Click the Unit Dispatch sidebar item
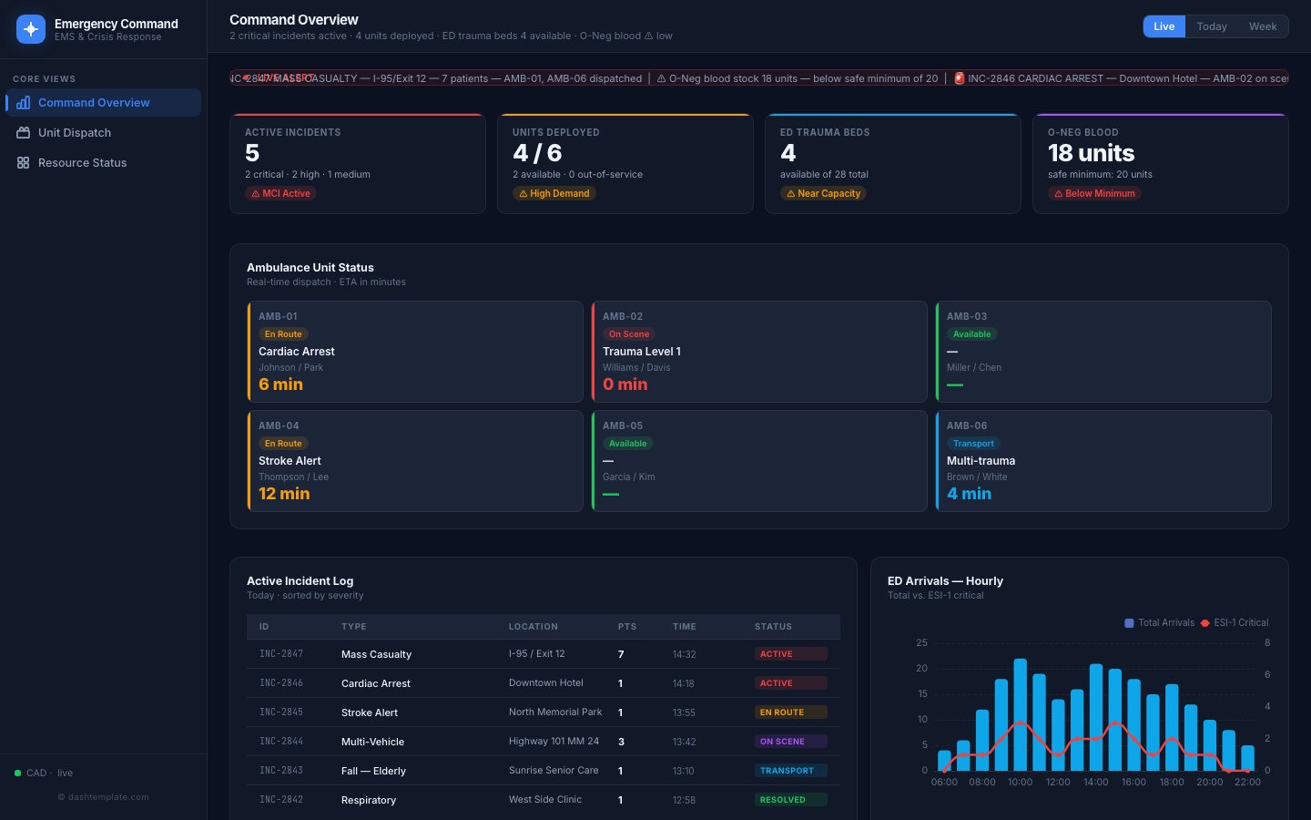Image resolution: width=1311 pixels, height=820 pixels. point(75,133)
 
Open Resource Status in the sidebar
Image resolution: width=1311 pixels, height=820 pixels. point(82,163)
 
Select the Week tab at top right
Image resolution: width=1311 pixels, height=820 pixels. point(1262,26)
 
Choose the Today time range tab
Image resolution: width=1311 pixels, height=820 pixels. point(1211,26)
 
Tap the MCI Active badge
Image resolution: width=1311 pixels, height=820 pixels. point(281,193)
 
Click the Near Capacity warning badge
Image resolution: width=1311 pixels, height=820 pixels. point(823,193)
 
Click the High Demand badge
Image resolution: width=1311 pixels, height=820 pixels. point(554,193)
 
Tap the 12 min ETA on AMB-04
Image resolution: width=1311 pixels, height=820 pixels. point(284,494)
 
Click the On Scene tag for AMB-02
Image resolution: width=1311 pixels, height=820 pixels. point(629,334)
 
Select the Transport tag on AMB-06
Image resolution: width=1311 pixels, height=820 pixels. point(973,444)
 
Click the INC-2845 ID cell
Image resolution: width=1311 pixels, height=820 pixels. point(281,712)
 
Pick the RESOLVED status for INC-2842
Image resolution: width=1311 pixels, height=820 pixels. point(783,800)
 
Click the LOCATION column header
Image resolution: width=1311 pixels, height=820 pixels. point(534,627)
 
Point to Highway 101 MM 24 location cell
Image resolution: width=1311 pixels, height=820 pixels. point(554,742)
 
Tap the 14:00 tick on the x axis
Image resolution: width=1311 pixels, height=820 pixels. point(1096,782)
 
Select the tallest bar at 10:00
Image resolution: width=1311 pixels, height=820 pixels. point(1021,714)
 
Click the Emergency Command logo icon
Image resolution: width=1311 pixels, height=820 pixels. point(31,29)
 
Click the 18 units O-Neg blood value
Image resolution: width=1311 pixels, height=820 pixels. point(1091,153)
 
